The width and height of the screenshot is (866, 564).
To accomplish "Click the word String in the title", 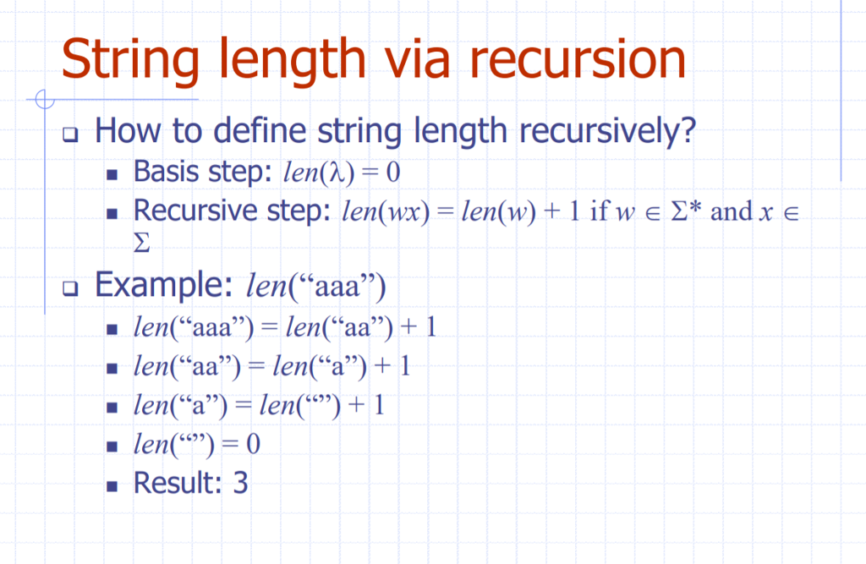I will coord(129,59).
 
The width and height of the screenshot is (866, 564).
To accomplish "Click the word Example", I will coord(159,285).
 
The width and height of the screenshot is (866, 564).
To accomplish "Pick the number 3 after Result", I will coord(240,484).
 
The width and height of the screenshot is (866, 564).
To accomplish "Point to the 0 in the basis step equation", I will coord(392,173).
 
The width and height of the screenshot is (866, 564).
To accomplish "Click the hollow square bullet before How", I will coord(70,134).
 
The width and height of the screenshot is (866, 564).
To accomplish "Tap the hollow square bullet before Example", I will coord(70,288).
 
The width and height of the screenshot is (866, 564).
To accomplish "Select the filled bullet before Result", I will coord(112,485).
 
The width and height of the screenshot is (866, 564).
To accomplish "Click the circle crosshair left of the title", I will coord(44,100).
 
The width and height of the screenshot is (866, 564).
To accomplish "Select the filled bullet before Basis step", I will coord(112,175).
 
